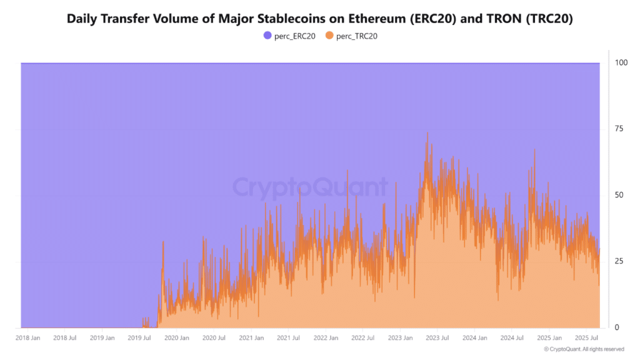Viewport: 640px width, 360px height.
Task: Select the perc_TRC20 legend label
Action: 356,36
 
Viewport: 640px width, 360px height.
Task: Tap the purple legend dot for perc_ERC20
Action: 267,36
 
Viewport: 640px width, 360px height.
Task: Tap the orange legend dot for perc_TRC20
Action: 329,36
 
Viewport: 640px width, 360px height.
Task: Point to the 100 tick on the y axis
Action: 621,63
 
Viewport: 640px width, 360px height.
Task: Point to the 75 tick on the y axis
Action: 619,129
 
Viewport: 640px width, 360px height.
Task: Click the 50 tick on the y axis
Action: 619,196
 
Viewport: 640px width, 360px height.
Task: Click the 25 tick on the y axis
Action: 619,261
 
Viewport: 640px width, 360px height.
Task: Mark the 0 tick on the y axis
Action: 617,327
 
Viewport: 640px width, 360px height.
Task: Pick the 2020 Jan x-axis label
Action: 176,338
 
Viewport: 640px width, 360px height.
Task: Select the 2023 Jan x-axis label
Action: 399,338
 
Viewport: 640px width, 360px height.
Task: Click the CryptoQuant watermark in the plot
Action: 310,187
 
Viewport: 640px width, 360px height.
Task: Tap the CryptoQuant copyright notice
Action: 583,349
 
